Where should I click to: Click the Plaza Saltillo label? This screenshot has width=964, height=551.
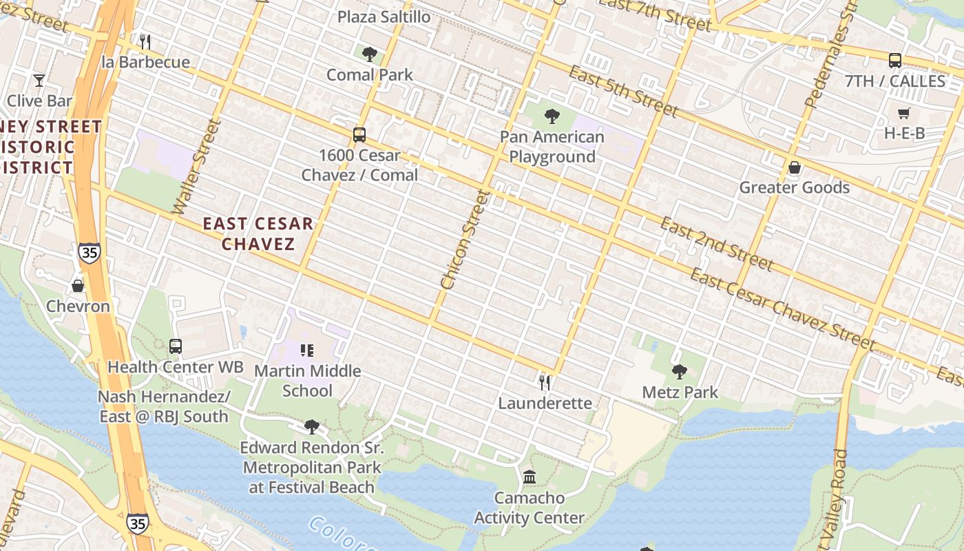pos(384,17)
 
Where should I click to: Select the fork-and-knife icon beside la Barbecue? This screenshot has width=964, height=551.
pos(145,42)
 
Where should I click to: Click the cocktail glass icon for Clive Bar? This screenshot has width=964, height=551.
pos(39,81)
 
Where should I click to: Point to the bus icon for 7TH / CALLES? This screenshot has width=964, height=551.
pos(894,61)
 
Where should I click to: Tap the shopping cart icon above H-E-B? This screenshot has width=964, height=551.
pos(904,113)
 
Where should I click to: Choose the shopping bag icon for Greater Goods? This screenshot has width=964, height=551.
pos(795,167)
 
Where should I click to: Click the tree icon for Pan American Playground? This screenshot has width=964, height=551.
pos(552,116)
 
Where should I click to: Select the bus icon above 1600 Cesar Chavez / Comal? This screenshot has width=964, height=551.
pos(359,135)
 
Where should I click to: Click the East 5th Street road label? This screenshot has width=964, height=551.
pos(624,91)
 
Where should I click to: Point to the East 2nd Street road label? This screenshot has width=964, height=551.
pos(716,244)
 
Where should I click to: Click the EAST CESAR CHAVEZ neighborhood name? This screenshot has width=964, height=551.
pos(258,233)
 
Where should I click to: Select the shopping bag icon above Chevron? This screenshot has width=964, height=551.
pos(78,286)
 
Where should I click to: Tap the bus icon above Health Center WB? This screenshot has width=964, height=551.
pos(176,346)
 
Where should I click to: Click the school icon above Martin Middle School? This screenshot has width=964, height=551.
pos(307,351)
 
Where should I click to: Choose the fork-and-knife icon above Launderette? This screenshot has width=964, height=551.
pos(545,382)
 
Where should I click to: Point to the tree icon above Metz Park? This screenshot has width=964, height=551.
pos(680,372)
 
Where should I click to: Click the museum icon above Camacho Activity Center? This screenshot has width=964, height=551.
pos(530,477)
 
